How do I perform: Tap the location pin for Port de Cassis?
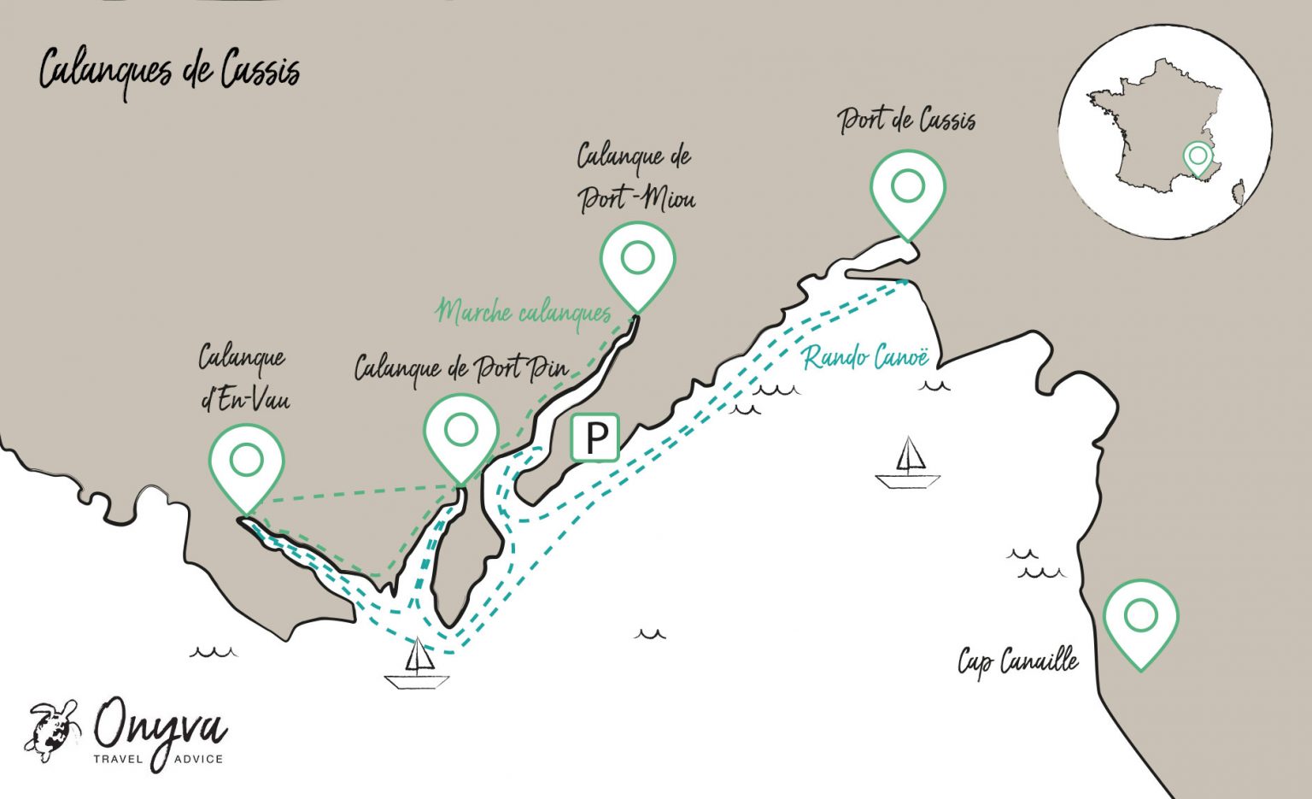click(x=907, y=187)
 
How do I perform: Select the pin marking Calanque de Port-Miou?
click(x=637, y=259)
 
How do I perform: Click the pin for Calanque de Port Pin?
click(x=461, y=432)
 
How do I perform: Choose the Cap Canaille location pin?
click(x=1140, y=617)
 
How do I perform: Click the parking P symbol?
click(x=594, y=438)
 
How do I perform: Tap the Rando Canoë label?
click(x=865, y=356)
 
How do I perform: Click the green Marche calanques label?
click(x=524, y=313)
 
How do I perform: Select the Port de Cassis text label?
click(x=906, y=120)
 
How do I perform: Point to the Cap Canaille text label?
click(x=1017, y=661)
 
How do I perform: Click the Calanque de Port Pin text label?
click(x=461, y=368)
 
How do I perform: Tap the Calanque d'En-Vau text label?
click(x=243, y=379)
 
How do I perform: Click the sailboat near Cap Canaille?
click(x=908, y=464)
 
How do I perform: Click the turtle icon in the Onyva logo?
click(x=53, y=729)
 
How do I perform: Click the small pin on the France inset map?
click(x=1198, y=157)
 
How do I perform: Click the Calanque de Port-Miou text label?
click(x=635, y=178)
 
